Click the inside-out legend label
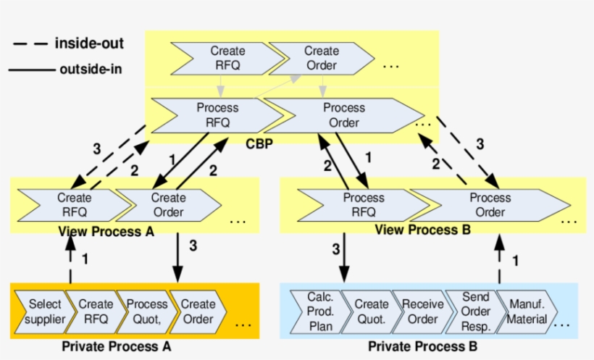(89, 43)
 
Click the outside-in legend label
(91, 70)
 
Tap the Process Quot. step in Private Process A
(147, 311)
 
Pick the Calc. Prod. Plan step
(320, 311)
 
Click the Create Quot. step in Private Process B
(372, 311)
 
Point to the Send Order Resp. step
(475, 311)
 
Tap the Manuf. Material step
(528, 311)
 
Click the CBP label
(259, 143)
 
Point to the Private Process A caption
(116, 346)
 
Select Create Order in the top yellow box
(321, 58)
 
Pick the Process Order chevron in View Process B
(490, 205)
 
